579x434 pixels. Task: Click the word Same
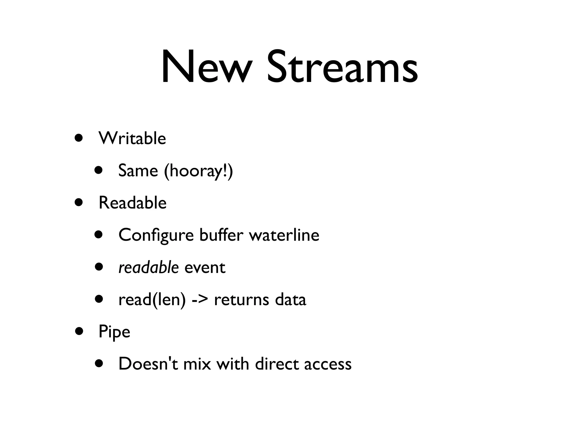138,171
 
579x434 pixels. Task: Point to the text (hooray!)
198,171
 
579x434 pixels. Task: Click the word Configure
156,235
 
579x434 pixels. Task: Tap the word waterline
284,235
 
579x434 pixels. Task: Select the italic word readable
148,267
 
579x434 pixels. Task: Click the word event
205,268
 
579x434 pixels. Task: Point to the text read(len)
152,300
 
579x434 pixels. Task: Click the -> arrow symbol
200,300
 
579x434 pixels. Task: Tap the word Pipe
114,332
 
